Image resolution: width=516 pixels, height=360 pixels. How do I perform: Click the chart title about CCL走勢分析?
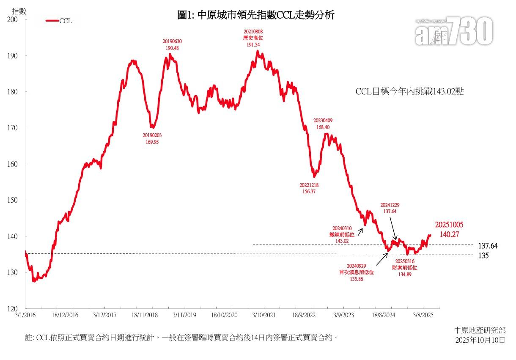[x=255, y=16]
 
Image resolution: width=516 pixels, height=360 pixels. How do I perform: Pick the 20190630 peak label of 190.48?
[x=172, y=45]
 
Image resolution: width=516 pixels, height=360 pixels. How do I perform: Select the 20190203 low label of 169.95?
[x=152, y=139]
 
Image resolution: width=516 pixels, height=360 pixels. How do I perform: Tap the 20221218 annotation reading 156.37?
[x=309, y=188]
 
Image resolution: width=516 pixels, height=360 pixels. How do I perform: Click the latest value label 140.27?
[x=446, y=234]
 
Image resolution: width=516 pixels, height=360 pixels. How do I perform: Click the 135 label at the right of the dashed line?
[x=483, y=256]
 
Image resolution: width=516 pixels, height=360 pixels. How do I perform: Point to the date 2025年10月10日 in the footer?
[x=480, y=340]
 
